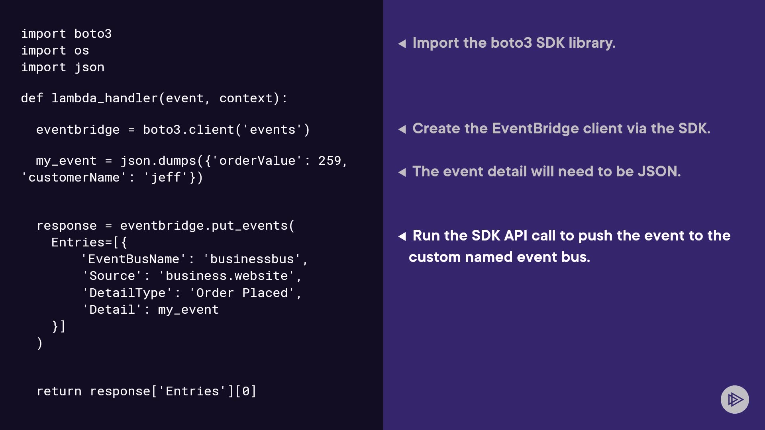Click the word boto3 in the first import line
(93, 34)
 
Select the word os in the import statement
(82, 51)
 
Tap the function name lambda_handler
(104, 98)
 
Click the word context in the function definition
(246, 98)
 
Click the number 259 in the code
(330, 161)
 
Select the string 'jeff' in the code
(166, 178)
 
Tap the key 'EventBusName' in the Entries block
(133, 259)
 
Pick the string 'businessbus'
(252, 259)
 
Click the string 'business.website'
(227, 276)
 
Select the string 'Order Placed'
(242, 293)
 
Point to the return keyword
(59, 391)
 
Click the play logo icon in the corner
(735, 399)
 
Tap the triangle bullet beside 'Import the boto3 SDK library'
(402, 43)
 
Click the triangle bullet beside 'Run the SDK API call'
(402, 236)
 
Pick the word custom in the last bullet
(435, 257)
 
